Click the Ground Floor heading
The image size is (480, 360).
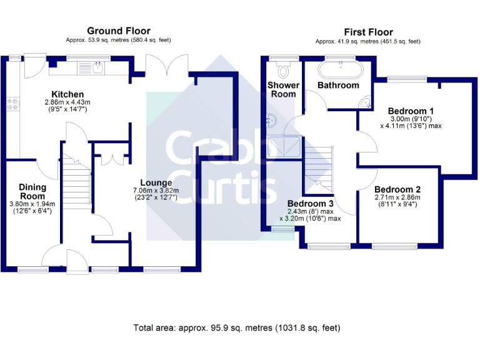point(119,31)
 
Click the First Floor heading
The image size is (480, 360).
point(369,32)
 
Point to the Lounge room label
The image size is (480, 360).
point(156,183)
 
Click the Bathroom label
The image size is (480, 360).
point(338,85)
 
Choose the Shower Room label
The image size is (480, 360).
point(282,89)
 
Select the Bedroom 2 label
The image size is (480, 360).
point(397,189)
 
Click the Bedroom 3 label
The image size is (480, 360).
point(311,204)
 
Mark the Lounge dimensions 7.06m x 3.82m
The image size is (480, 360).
point(156,191)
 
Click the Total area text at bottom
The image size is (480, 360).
point(237,328)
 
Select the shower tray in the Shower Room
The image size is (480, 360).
point(284,147)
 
